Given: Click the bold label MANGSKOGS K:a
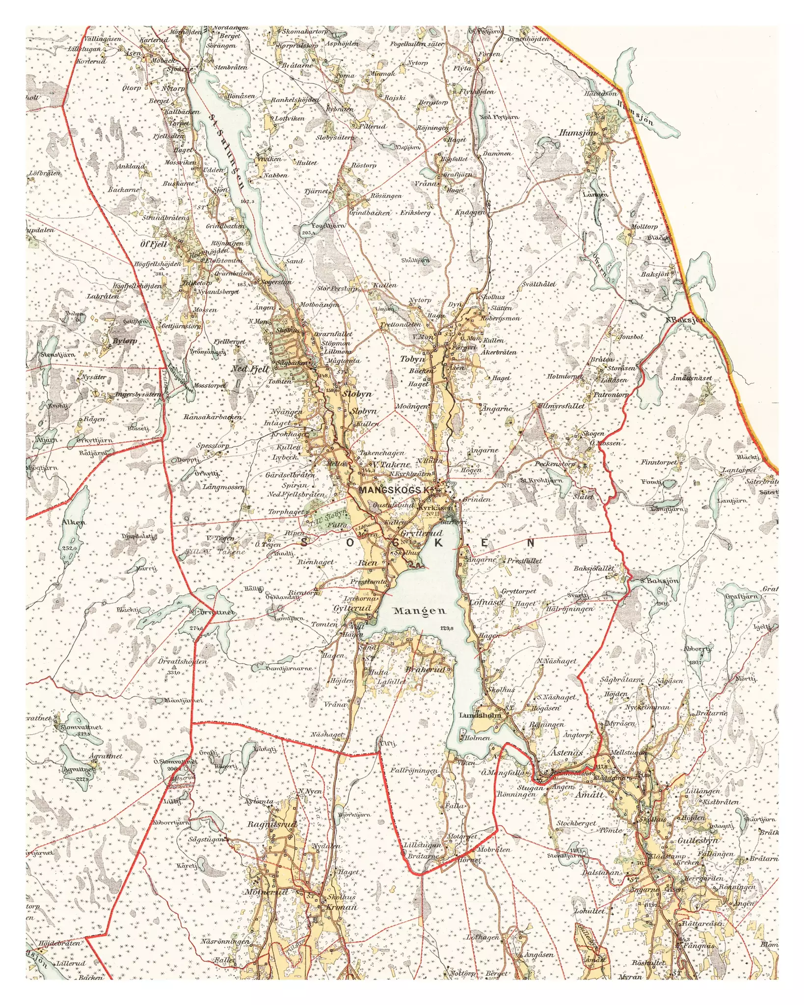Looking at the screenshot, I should pos(397,490).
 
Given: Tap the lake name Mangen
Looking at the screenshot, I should pos(420,611).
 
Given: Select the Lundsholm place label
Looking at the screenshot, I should pos(480,715).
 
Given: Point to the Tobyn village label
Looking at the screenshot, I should pos(412,359).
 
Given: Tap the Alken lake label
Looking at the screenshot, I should pos(74,522).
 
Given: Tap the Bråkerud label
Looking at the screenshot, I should pos(425,670).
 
